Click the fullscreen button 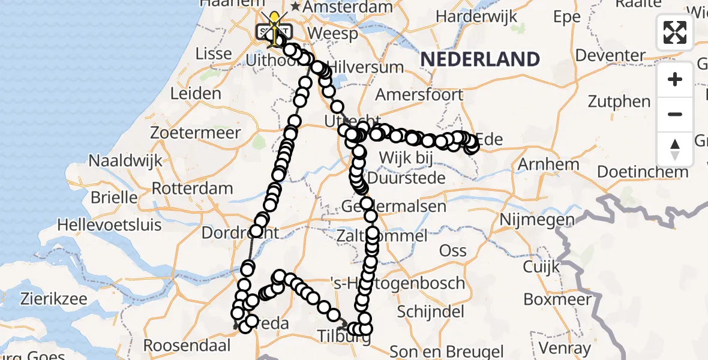(675, 32)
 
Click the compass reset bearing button (675, 149)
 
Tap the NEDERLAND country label (480, 59)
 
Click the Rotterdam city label (192, 188)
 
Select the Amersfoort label (419, 95)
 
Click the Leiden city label (196, 94)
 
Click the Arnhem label (549, 164)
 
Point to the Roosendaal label (187, 346)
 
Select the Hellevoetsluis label (110, 226)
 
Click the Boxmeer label (554, 298)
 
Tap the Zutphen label (619, 101)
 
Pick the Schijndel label (431, 311)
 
